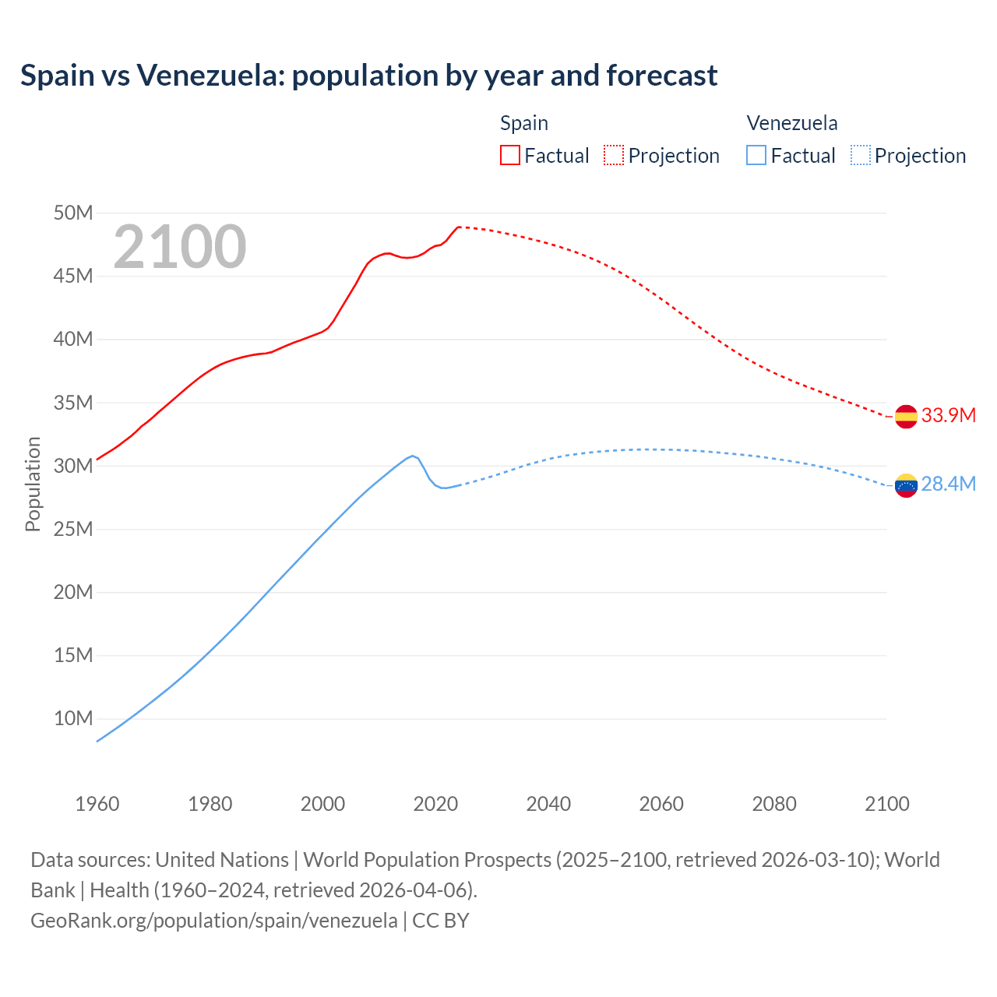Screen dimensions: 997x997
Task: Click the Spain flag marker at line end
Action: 906,417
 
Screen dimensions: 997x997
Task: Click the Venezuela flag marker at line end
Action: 906,485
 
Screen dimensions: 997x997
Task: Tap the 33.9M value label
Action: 948,415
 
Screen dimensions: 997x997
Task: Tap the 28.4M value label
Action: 948,484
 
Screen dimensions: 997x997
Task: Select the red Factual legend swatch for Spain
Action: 509,155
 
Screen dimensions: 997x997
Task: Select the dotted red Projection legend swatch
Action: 614,155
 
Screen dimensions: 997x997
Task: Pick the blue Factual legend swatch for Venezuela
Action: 756,155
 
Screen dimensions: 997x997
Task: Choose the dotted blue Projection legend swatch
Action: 860,155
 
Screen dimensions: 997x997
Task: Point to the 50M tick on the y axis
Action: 73,213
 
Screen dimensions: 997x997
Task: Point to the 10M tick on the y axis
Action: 73,718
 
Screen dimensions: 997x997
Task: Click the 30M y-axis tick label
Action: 73,466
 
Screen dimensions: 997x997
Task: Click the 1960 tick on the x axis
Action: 97,804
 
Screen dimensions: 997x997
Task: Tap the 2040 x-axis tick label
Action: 548,804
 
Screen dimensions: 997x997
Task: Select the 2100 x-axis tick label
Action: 886,804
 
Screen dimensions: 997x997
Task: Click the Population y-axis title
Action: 33,484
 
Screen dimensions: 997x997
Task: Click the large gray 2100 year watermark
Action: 180,247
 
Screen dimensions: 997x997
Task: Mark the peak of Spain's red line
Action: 459,227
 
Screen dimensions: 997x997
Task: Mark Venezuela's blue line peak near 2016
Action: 413,456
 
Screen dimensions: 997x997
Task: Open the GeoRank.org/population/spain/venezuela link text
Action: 214,920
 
